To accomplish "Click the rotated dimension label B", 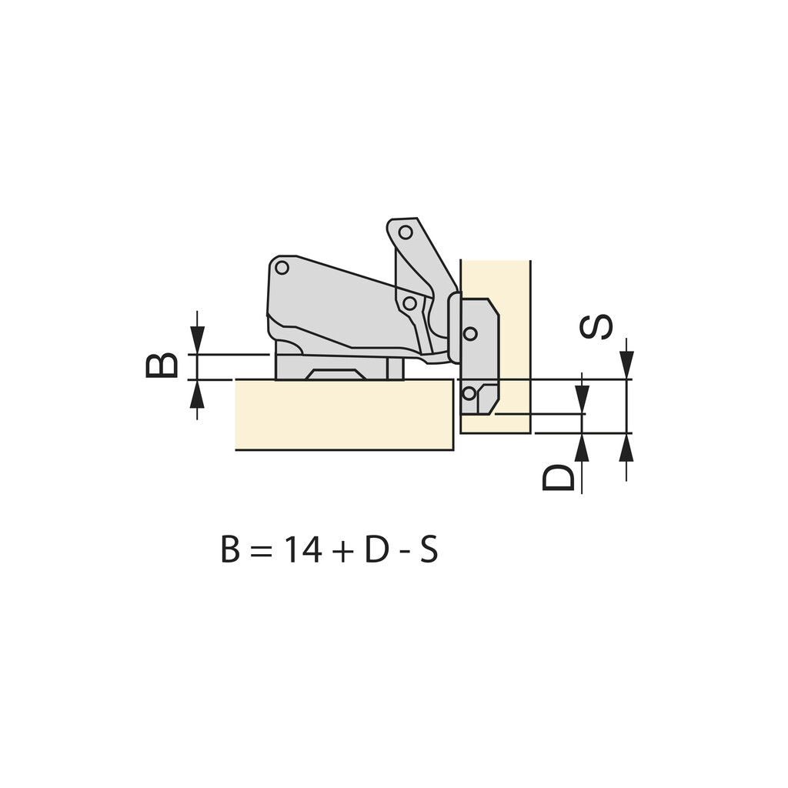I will pyautogui.click(x=162, y=366).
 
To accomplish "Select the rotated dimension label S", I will pyautogui.click(x=596, y=326).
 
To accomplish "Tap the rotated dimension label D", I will pyautogui.click(x=559, y=478).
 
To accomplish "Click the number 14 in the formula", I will pyautogui.click(x=301, y=550).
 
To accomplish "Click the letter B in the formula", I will pyautogui.click(x=230, y=550).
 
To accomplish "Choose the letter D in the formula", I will pyautogui.click(x=376, y=550).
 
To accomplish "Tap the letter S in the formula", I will pyautogui.click(x=429, y=550).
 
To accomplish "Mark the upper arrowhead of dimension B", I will pyautogui.click(x=198, y=339).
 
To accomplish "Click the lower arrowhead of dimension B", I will pyautogui.click(x=198, y=395).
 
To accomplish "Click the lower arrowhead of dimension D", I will pyautogui.click(x=582, y=448).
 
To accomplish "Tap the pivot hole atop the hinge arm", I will pyautogui.click(x=406, y=232).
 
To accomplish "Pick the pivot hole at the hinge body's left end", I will pyautogui.click(x=282, y=268).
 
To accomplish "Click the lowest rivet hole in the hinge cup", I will pyautogui.click(x=469, y=393).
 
